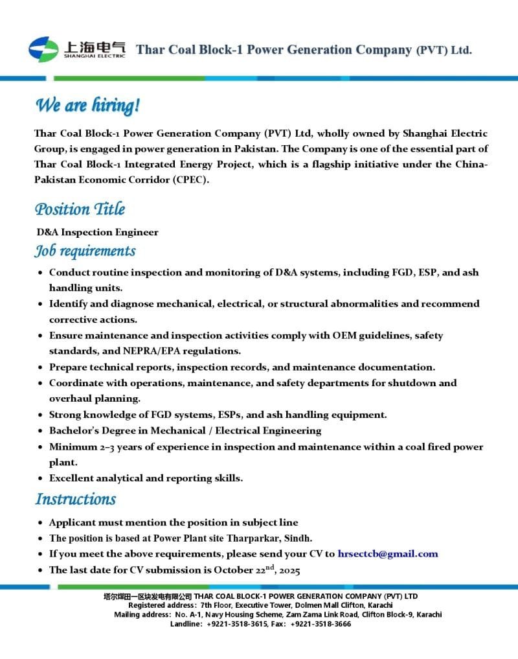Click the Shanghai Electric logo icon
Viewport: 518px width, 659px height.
click(x=43, y=49)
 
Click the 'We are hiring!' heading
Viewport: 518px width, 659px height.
click(x=87, y=105)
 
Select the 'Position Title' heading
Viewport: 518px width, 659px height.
click(x=80, y=209)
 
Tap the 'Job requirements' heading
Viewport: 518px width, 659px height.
click(x=85, y=251)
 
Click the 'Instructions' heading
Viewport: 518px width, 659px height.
click(x=75, y=499)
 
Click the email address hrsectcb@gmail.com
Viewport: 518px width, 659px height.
click(x=388, y=554)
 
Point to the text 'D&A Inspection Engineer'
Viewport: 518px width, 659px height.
click(x=97, y=232)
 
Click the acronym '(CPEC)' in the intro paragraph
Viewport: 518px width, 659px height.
click(x=190, y=179)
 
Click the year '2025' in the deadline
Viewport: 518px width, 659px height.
click(x=287, y=570)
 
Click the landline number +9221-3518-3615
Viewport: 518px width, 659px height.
click(x=237, y=623)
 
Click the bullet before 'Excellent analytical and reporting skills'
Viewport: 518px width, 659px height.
click(x=41, y=479)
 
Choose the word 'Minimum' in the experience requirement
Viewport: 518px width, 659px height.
click(x=72, y=447)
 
